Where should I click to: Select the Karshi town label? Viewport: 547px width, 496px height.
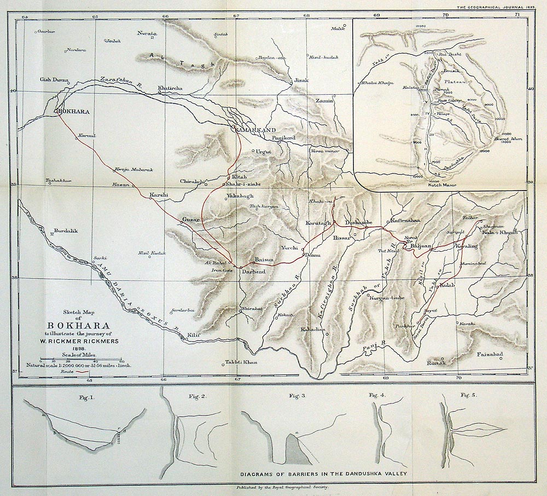click(158, 195)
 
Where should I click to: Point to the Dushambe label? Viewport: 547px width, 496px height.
click(359, 223)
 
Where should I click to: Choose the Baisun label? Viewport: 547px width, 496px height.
click(264, 259)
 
